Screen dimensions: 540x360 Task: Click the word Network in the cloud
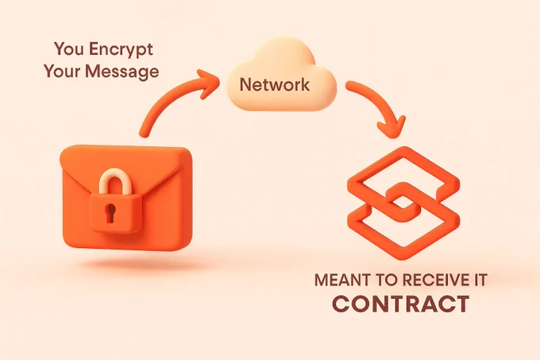tap(275, 84)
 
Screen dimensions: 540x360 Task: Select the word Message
tap(122, 72)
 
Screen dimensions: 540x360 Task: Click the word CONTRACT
tap(401, 304)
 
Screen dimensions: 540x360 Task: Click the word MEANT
tap(343, 280)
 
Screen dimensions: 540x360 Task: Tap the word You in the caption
tap(69, 48)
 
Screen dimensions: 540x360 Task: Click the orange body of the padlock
tap(116, 213)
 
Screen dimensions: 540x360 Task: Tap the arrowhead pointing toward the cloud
tap(207, 83)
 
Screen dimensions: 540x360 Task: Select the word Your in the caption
tap(62, 71)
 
